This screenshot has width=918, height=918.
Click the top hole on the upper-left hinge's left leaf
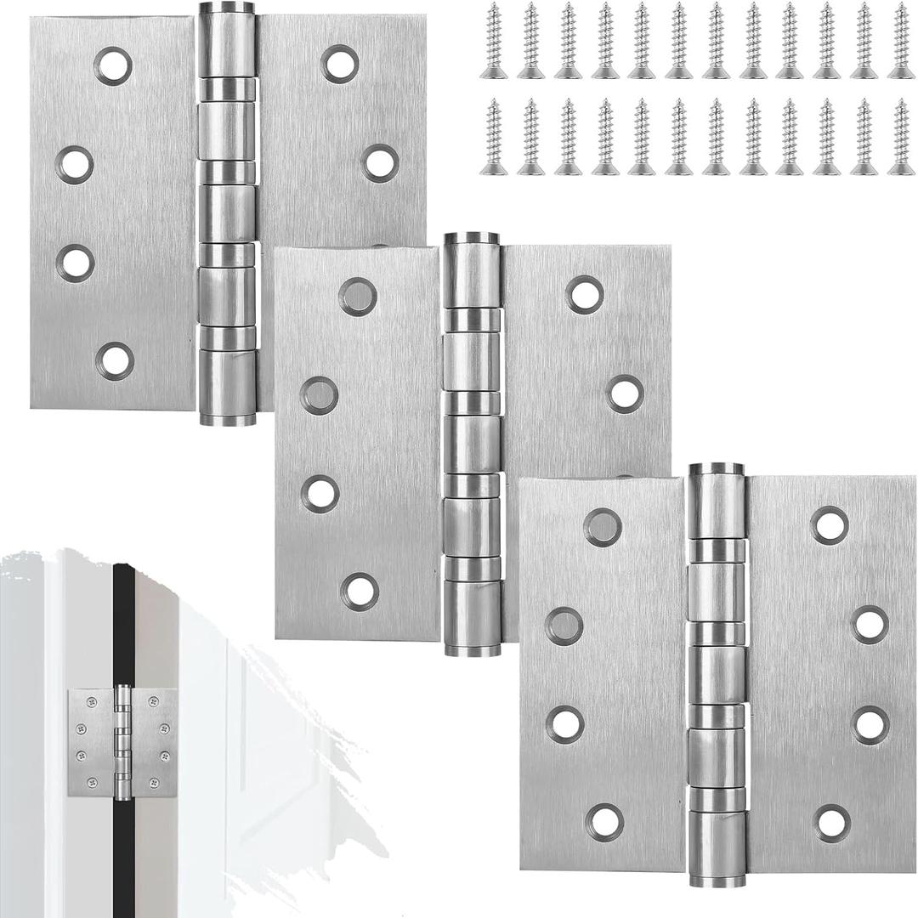click(x=113, y=65)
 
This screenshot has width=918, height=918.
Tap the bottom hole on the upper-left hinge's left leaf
click(x=115, y=360)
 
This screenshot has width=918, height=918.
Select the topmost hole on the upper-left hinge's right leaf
click(x=339, y=64)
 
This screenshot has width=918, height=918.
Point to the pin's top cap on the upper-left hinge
click(x=227, y=8)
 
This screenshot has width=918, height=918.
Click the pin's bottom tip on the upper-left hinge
click(x=227, y=419)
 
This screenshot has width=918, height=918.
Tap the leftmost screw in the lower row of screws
click(x=493, y=137)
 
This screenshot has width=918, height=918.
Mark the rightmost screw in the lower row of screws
click(x=901, y=137)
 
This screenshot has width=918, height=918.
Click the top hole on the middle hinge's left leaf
click(x=358, y=297)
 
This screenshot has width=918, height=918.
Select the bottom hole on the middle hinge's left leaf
click(x=360, y=592)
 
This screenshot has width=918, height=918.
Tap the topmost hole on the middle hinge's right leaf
click(x=584, y=295)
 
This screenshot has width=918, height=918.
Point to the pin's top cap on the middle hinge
click(x=472, y=239)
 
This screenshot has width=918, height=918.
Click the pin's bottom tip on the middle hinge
click(x=472, y=651)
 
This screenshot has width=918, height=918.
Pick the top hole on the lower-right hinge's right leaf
click(x=829, y=525)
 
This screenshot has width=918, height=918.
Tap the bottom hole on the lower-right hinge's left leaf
click(x=604, y=822)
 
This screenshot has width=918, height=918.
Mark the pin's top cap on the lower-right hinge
click(x=717, y=469)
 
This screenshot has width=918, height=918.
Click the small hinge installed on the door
click(x=122, y=742)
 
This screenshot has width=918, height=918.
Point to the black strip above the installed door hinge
click(x=123, y=620)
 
